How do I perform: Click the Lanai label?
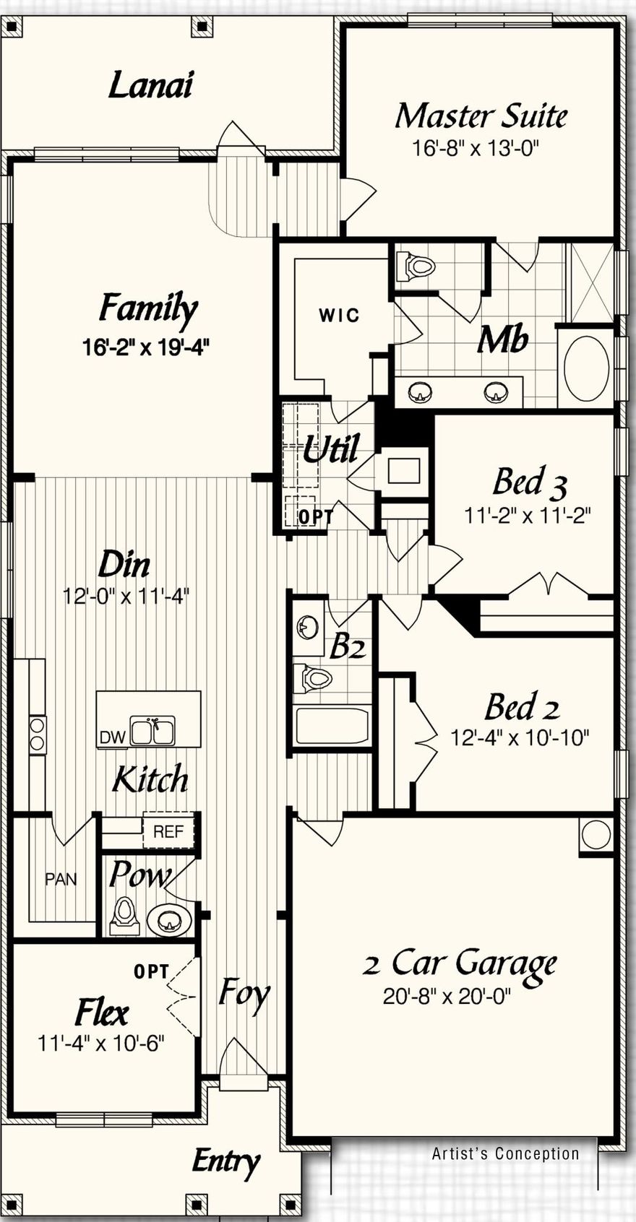[x=150, y=86]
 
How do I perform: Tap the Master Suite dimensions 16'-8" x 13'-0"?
[x=476, y=149]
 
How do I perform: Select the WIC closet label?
[x=339, y=316]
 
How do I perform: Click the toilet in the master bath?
[x=416, y=266]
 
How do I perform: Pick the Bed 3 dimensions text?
[x=528, y=516]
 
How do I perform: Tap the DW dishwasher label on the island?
[x=112, y=737]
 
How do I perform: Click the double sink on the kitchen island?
[x=152, y=731]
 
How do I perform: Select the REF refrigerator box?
[x=168, y=831]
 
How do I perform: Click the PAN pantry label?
[x=61, y=880]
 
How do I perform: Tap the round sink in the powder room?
[x=169, y=921]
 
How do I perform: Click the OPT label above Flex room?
[x=151, y=972]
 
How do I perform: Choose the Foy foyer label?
[x=244, y=994]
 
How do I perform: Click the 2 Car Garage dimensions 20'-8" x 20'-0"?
[x=447, y=997]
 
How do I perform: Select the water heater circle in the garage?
[x=596, y=835]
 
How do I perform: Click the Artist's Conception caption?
[x=505, y=1153]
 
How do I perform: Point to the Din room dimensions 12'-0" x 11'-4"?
[x=126, y=597]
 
